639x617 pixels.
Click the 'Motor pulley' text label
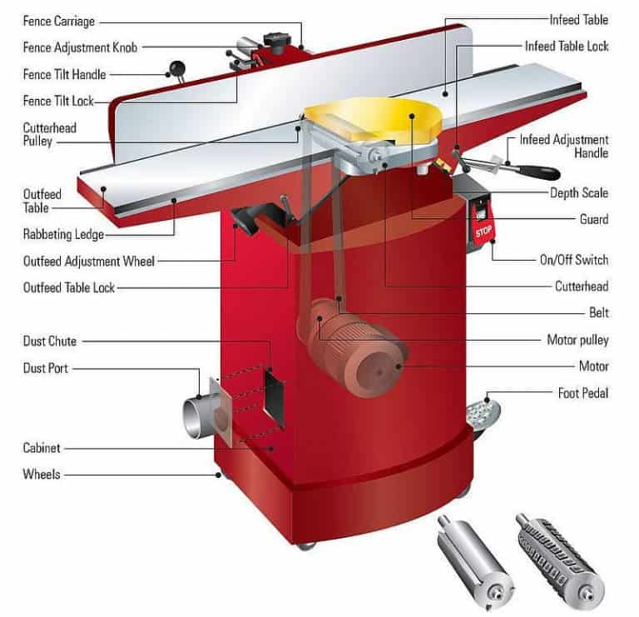pyautogui.click(x=577, y=340)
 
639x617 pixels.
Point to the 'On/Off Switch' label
pyautogui.click(x=573, y=260)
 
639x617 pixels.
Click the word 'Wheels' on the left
pyautogui.click(x=42, y=475)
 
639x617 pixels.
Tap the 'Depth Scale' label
pyautogui.click(x=579, y=193)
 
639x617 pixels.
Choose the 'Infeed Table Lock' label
pyautogui.click(x=566, y=47)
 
